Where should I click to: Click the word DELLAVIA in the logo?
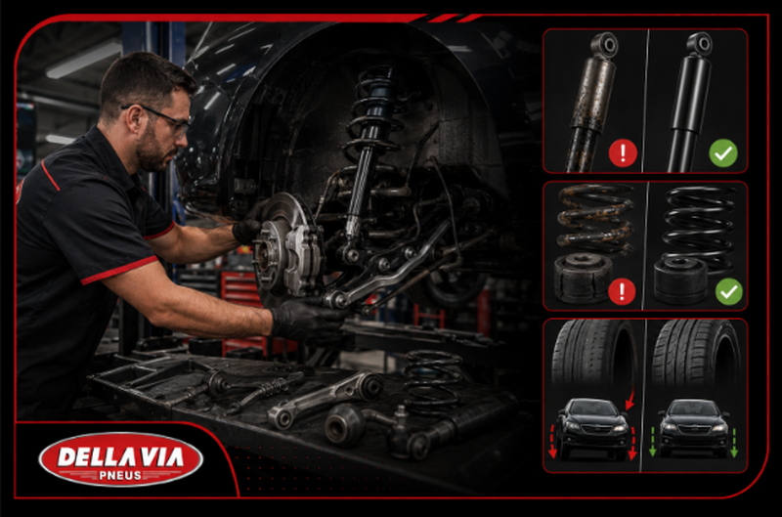coord(120,456)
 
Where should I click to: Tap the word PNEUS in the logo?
coord(120,476)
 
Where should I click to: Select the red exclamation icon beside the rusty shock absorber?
coord(623,153)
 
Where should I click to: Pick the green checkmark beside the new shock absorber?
coord(723,153)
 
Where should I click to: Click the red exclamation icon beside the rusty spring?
coord(622,291)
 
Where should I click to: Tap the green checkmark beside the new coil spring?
coord(728,291)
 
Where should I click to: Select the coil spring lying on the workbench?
coord(432,381)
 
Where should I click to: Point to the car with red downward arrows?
coord(593,428)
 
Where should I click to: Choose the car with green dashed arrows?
coord(694,428)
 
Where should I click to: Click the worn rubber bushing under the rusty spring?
coord(583,278)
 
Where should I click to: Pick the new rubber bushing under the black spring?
coord(680,280)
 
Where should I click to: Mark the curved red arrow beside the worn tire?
coord(630,398)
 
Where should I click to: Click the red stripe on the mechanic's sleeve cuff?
coord(119,270)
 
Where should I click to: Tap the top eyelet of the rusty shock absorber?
coord(605,45)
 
